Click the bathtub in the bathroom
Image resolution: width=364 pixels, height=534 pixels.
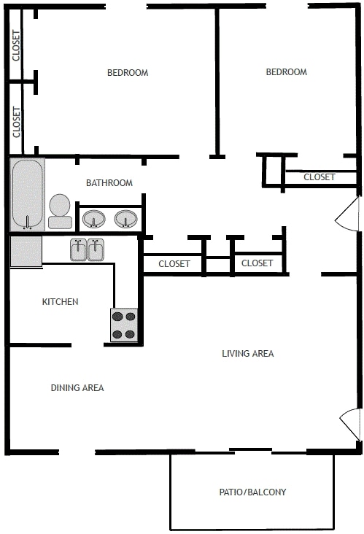[28, 194]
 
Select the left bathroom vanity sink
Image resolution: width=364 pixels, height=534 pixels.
[93, 218]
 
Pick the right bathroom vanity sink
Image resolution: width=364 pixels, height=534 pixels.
[126, 218]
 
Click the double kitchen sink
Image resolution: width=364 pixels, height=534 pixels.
[89, 250]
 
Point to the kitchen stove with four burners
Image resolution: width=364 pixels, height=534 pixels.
[124, 325]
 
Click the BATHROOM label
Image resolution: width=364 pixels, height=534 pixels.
[109, 183]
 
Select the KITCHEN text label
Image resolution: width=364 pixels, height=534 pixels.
[60, 302]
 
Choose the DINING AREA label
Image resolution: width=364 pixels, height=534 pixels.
[77, 388]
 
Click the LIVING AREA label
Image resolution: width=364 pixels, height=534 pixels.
[247, 354]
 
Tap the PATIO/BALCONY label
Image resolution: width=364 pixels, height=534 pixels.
[252, 492]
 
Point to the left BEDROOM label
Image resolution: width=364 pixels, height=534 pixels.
[128, 73]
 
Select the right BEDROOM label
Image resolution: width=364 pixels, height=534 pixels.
[286, 72]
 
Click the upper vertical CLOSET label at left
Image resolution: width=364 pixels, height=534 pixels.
[17, 45]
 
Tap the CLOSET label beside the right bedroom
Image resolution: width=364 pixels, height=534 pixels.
[319, 177]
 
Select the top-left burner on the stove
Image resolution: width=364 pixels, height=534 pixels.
[117, 317]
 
